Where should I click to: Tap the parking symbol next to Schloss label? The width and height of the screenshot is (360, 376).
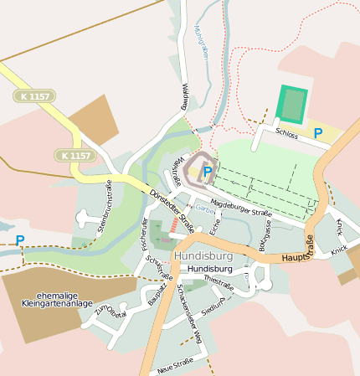click(317, 133)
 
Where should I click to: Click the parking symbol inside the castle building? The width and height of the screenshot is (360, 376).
click(207, 171)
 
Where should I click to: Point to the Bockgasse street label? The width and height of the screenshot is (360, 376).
click(265, 238)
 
